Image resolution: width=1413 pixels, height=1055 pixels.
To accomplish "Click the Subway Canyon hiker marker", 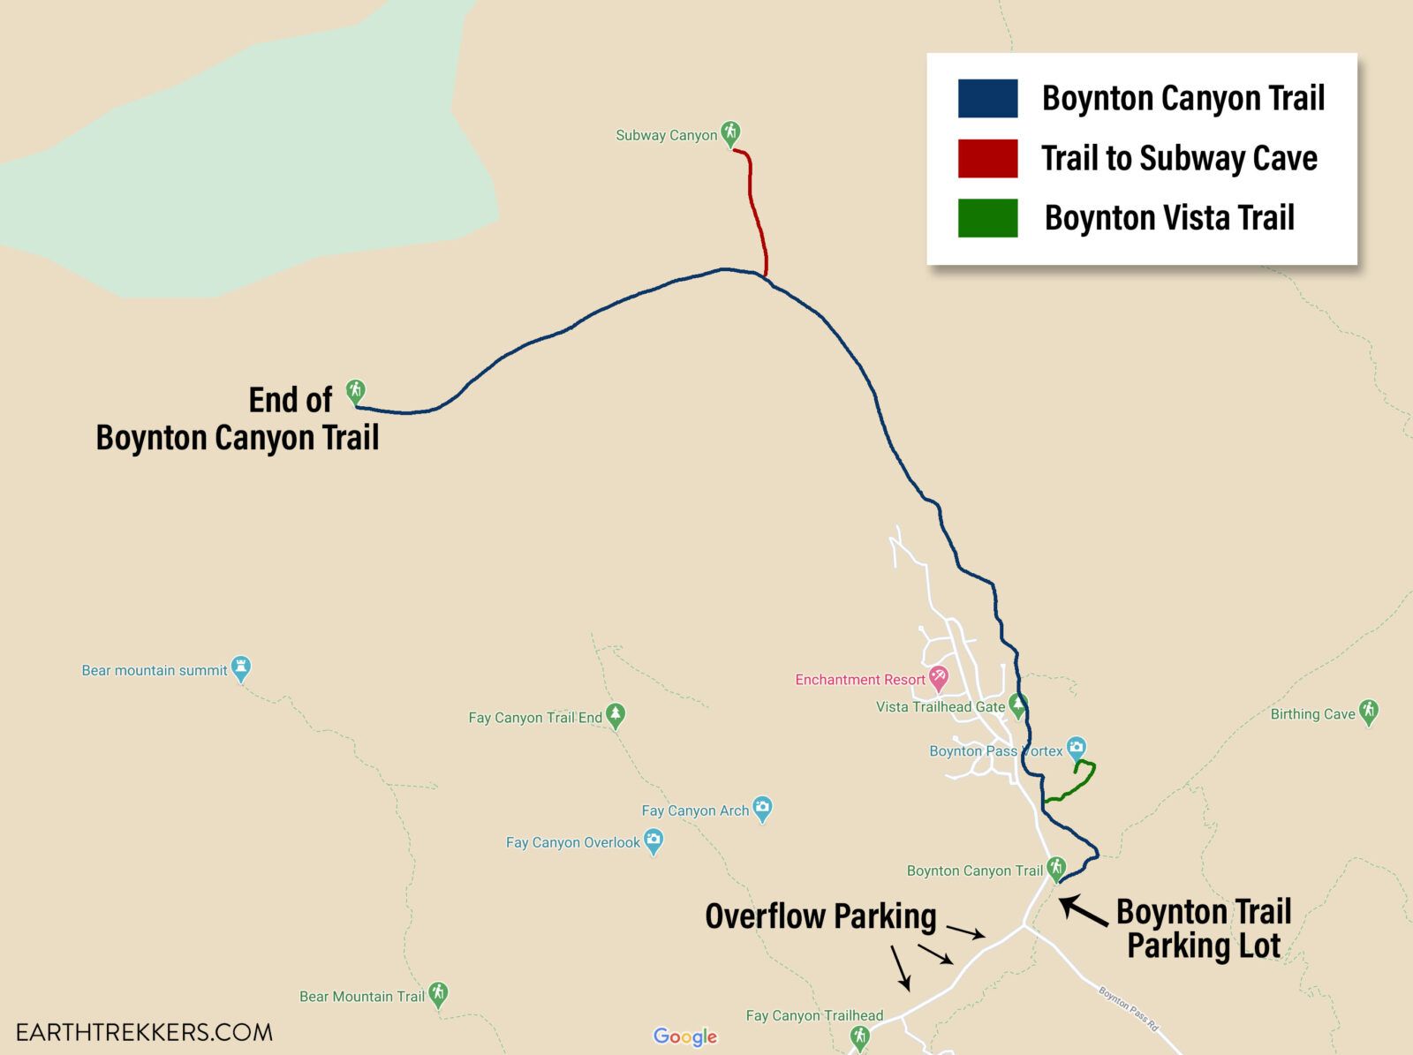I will click(x=729, y=133).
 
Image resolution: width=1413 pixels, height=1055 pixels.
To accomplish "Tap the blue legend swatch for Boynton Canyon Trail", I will click(x=987, y=98).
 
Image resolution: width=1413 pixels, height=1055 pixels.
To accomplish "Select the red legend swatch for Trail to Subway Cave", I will click(x=987, y=158).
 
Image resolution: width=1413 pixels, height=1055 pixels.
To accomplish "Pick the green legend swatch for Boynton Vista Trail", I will click(x=987, y=218).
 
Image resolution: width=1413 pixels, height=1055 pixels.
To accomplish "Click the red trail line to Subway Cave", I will click(x=755, y=212).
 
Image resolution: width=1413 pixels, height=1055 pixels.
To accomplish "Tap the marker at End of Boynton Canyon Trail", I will click(x=355, y=391).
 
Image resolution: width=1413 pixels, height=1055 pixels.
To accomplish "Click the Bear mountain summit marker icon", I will click(x=241, y=668).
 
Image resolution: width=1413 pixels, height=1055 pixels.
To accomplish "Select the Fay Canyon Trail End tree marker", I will click(x=616, y=715).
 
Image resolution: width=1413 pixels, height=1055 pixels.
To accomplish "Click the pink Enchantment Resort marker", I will click(x=938, y=678).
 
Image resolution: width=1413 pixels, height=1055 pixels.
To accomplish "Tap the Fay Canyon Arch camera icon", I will click(x=763, y=808).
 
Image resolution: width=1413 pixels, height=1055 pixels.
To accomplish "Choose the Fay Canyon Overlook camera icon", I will click(x=654, y=840).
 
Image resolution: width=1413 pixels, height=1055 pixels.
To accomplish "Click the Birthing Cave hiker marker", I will click(x=1369, y=711).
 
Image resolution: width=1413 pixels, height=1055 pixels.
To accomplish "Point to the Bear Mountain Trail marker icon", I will click(x=438, y=994).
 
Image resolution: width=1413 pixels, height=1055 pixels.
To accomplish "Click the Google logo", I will click(x=685, y=1036).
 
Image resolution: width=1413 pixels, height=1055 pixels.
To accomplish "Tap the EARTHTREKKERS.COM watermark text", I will click(x=144, y=1032).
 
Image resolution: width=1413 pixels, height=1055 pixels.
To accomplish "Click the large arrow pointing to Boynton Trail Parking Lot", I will click(x=1084, y=911).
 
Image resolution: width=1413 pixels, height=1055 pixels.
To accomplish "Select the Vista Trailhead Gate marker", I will click(x=1018, y=705).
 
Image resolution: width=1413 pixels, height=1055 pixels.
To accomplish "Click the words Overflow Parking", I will click(x=820, y=916).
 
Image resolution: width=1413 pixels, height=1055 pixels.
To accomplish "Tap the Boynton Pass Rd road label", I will click(x=1128, y=1009).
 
